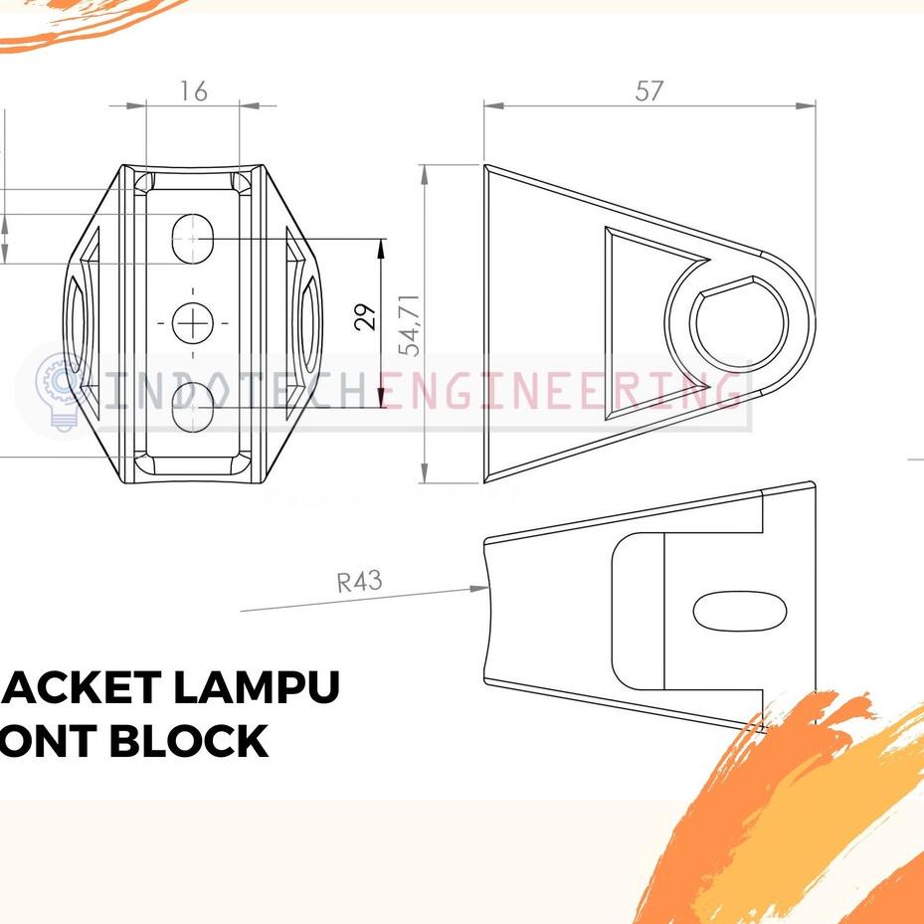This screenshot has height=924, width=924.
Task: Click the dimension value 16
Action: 194,92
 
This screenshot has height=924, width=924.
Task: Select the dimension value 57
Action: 648,91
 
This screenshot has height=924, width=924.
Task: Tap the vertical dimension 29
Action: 367,317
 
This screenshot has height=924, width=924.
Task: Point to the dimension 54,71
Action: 408,324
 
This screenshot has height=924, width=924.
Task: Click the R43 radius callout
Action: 358,581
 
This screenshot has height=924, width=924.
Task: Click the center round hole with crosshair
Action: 192,322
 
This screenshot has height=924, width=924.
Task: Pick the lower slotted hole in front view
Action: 195,406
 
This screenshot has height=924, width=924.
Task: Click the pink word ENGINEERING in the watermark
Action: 562,391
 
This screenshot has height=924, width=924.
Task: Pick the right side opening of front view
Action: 308,321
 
